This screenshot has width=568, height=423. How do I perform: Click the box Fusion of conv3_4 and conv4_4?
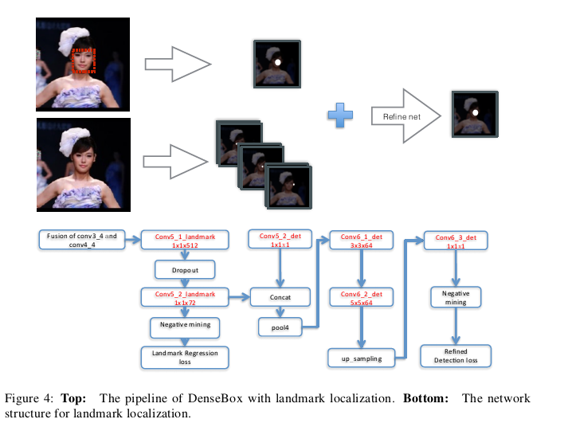[x=82, y=240]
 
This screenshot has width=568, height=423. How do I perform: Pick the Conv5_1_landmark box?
[x=185, y=240]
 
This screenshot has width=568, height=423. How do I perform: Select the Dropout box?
[x=185, y=270]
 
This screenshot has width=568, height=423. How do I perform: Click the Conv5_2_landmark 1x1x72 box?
[x=185, y=298]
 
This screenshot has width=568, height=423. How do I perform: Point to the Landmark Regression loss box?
[x=185, y=356]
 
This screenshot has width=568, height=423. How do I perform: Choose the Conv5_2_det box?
[x=279, y=240]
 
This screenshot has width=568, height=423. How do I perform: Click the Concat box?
[x=279, y=297]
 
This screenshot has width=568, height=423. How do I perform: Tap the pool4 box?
[x=279, y=326]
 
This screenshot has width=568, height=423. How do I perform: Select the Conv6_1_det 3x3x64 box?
[x=362, y=241]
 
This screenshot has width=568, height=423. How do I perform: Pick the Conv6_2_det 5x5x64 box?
[x=362, y=298]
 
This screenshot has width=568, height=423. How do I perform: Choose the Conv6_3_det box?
[x=456, y=241]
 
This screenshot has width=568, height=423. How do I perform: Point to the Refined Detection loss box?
[x=456, y=356]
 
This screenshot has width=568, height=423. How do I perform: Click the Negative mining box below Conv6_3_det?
[x=456, y=298]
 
